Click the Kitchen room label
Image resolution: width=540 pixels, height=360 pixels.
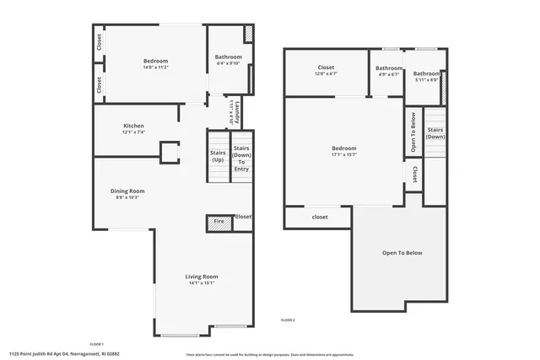click(x=134, y=126)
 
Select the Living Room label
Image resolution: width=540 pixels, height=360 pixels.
click(x=202, y=277)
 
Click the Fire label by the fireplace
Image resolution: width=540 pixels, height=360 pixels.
click(x=219, y=222)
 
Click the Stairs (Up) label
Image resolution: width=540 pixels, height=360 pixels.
click(x=218, y=156)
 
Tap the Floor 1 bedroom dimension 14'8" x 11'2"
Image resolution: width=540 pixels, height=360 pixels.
click(x=155, y=67)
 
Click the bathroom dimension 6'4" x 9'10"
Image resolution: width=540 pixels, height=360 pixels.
click(x=229, y=62)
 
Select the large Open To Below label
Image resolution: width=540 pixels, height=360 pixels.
click(x=402, y=253)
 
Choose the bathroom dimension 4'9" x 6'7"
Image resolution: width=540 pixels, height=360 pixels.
click(x=389, y=74)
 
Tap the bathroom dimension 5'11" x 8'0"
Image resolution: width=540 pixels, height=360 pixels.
click(x=426, y=80)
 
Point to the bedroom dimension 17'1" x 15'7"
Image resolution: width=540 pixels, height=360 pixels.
click(x=344, y=154)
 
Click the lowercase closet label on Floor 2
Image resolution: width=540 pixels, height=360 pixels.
click(x=320, y=217)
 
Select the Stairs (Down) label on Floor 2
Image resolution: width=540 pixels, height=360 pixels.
click(x=435, y=132)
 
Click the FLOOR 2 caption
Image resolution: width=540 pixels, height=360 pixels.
click(x=288, y=320)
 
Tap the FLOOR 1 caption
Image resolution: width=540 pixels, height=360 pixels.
click(x=96, y=344)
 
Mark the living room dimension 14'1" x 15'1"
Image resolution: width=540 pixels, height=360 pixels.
click(x=202, y=283)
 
